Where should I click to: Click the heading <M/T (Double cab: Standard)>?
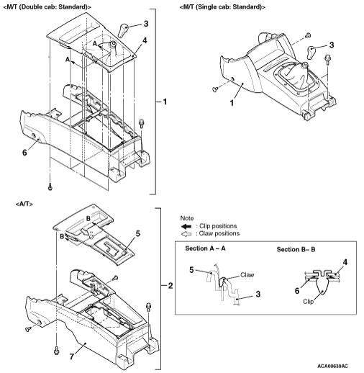click(x=47, y=7)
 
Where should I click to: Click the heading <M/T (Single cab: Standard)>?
click(x=222, y=7)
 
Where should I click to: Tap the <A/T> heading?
click(x=24, y=204)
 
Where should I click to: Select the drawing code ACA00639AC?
click(x=332, y=366)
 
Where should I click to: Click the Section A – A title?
click(x=205, y=248)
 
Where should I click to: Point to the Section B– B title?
click(x=296, y=249)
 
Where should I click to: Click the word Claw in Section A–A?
click(x=247, y=275)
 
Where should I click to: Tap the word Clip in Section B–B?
click(x=308, y=302)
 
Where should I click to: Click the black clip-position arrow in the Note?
click(x=186, y=226)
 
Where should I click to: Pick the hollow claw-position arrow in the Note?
click(x=186, y=234)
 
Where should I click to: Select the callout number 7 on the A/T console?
click(x=72, y=356)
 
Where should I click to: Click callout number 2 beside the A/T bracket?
click(x=170, y=286)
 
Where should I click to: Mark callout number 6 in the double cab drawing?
click(x=24, y=153)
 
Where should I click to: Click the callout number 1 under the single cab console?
click(x=232, y=103)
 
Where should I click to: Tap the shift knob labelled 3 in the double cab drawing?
click(x=123, y=30)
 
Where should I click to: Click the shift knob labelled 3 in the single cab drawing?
click(x=311, y=52)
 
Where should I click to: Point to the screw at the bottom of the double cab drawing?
click(x=50, y=186)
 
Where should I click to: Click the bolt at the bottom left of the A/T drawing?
click(x=57, y=350)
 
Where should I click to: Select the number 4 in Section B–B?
click(x=345, y=262)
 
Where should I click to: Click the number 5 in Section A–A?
click(x=191, y=270)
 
